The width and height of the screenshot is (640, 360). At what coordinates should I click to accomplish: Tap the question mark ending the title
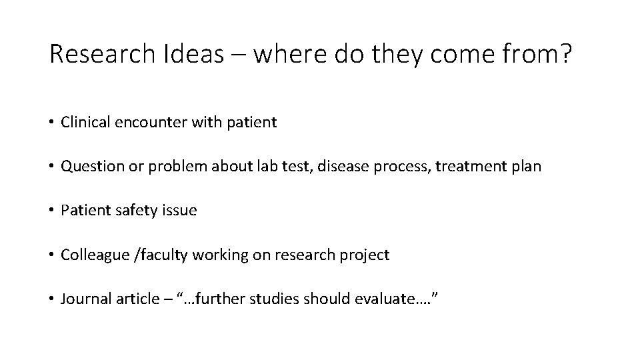(566, 55)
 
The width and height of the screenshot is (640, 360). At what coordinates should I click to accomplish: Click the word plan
(527, 166)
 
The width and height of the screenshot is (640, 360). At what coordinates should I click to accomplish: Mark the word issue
(177, 211)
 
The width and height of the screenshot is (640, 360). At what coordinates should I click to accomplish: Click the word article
(129, 299)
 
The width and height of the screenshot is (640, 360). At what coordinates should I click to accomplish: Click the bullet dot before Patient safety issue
(51, 211)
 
